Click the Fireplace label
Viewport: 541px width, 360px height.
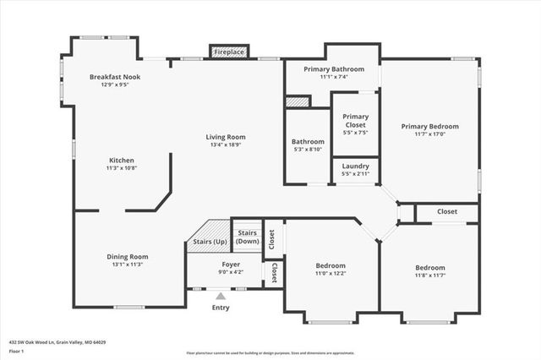[x=228, y=52]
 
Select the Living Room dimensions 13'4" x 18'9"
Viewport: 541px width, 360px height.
[x=226, y=145]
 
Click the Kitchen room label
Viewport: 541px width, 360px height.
[x=121, y=160]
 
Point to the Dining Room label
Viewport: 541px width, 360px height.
[x=127, y=256]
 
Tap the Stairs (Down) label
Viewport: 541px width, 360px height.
[x=247, y=236]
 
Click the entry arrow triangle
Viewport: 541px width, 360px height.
[x=221, y=296]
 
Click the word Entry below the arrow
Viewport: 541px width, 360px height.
[x=221, y=308]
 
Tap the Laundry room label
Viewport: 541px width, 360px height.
[x=355, y=166]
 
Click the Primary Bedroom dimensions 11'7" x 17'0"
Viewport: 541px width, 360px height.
[x=429, y=134]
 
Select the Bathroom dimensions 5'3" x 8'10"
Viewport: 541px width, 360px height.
[x=308, y=149]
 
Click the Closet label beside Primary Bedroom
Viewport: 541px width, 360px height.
[x=447, y=212]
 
